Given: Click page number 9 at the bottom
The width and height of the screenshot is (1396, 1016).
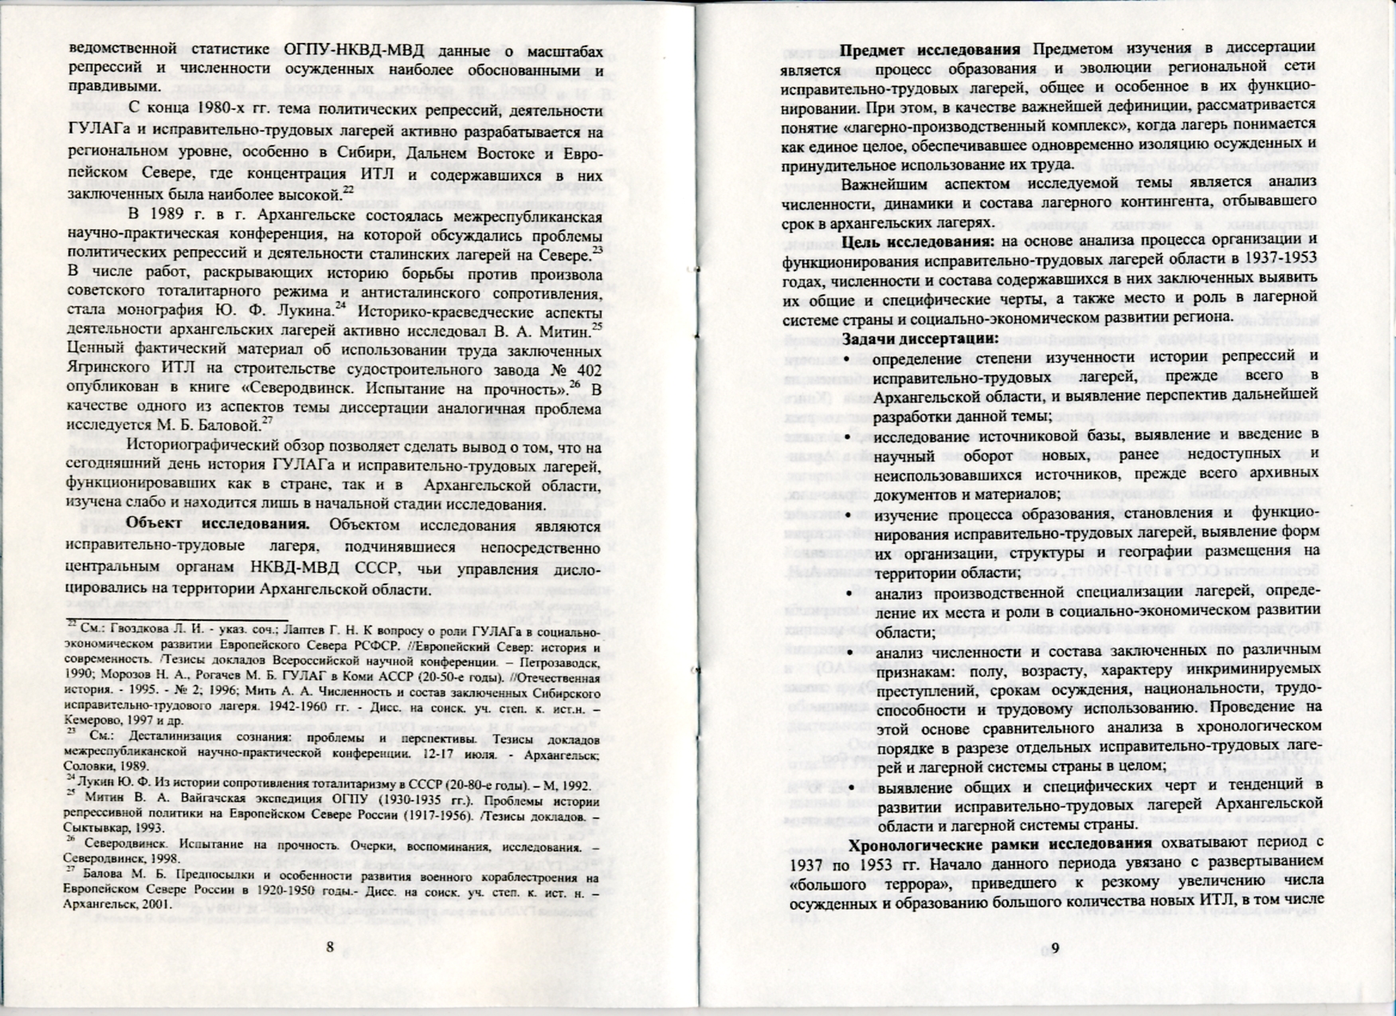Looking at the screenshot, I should (x=1056, y=947).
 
